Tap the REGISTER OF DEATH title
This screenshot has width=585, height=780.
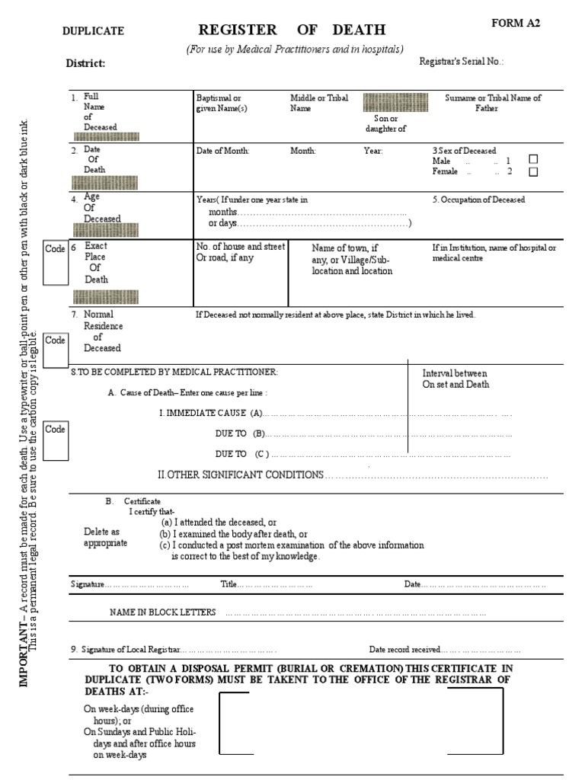(292, 30)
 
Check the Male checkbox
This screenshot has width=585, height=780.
(533, 159)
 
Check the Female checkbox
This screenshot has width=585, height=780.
(533, 171)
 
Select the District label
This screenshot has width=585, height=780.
(85, 64)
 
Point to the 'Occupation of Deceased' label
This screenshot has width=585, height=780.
(478, 200)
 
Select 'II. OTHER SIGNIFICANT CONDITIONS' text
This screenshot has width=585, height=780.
(240, 475)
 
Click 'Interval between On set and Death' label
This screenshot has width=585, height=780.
(455, 379)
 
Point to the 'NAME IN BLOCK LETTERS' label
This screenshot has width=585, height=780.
(163, 612)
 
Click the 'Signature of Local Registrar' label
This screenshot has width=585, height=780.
(126, 650)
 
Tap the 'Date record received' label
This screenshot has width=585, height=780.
(404, 650)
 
